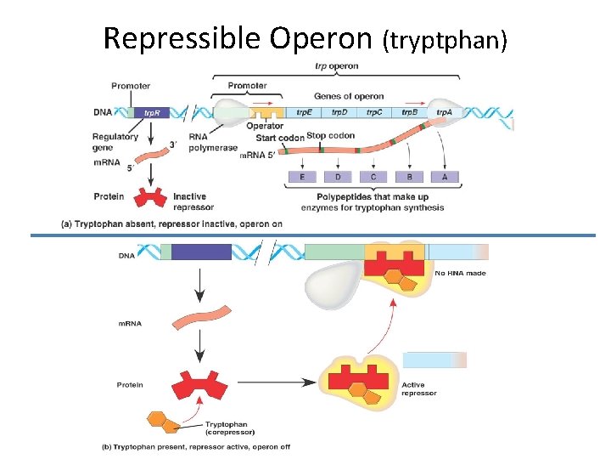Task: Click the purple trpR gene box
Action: coord(151,112)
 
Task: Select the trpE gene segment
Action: coord(304,112)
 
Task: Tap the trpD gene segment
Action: coord(339,112)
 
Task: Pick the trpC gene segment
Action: coord(373,112)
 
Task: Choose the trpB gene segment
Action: coord(409,112)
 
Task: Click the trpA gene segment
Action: coord(444,112)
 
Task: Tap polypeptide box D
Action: coord(338,177)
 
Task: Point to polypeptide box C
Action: coord(373,177)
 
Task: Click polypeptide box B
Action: coord(409,177)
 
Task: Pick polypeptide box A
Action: coord(445,177)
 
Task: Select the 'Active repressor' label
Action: coord(419,389)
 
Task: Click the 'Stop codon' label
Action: coord(328,135)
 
